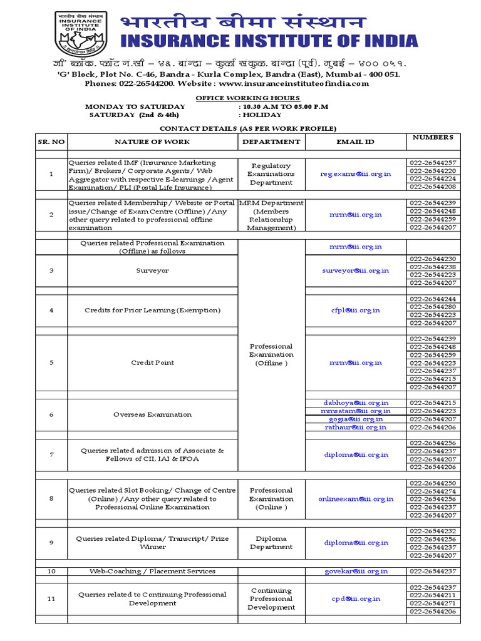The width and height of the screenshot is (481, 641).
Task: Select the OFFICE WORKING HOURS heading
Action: pyautogui.click(x=248, y=98)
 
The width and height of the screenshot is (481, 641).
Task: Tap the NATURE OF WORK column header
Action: pyautogui.click(x=152, y=142)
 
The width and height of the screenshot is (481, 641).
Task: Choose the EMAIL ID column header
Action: pyautogui.click(x=355, y=142)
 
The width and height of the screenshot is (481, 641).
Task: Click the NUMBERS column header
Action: pyautogui.click(x=433, y=136)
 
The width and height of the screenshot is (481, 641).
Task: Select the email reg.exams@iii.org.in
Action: pyautogui.click(x=355, y=174)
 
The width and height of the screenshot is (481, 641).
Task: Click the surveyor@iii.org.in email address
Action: pyautogui.click(x=355, y=270)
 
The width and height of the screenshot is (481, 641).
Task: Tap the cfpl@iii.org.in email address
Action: pyautogui.click(x=355, y=310)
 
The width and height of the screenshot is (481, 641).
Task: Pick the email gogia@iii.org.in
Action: pyautogui.click(x=355, y=419)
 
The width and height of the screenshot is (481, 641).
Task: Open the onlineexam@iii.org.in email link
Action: pyautogui.click(x=355, y=499)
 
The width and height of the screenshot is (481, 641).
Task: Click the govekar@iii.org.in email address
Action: pyautogui.click(x=355, y=571)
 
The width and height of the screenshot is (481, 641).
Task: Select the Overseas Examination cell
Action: pyautogui.click(x=152, y=414)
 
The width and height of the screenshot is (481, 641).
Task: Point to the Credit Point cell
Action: pyautogui.click(x=152, y=362)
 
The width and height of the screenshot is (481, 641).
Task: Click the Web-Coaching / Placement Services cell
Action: pyautogui.click(x=152, y=571)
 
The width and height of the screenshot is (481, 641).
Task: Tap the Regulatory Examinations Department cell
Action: pyautogui.click(x=271, y=174)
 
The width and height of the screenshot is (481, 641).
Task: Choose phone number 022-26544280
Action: pyautogui.click(x=433, y=307)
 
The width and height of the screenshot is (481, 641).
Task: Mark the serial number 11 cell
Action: pyautogui.click(x=51, y=599)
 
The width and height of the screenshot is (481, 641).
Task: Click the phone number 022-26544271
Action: pyautogui.click(x=433, y=603)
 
